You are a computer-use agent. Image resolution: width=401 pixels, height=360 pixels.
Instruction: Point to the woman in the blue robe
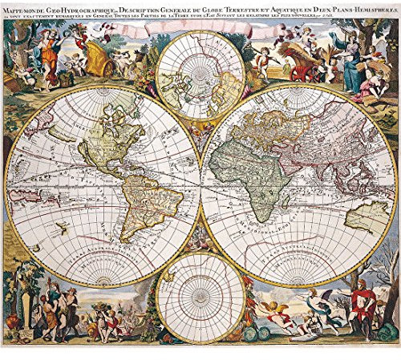click(352, 60)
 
